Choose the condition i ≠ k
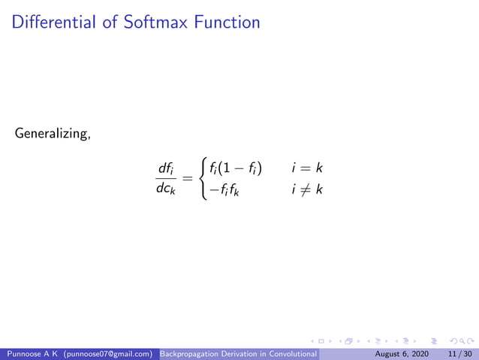coord(307,189)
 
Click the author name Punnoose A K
coord(33,353)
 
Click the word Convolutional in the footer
coord(295,353)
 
